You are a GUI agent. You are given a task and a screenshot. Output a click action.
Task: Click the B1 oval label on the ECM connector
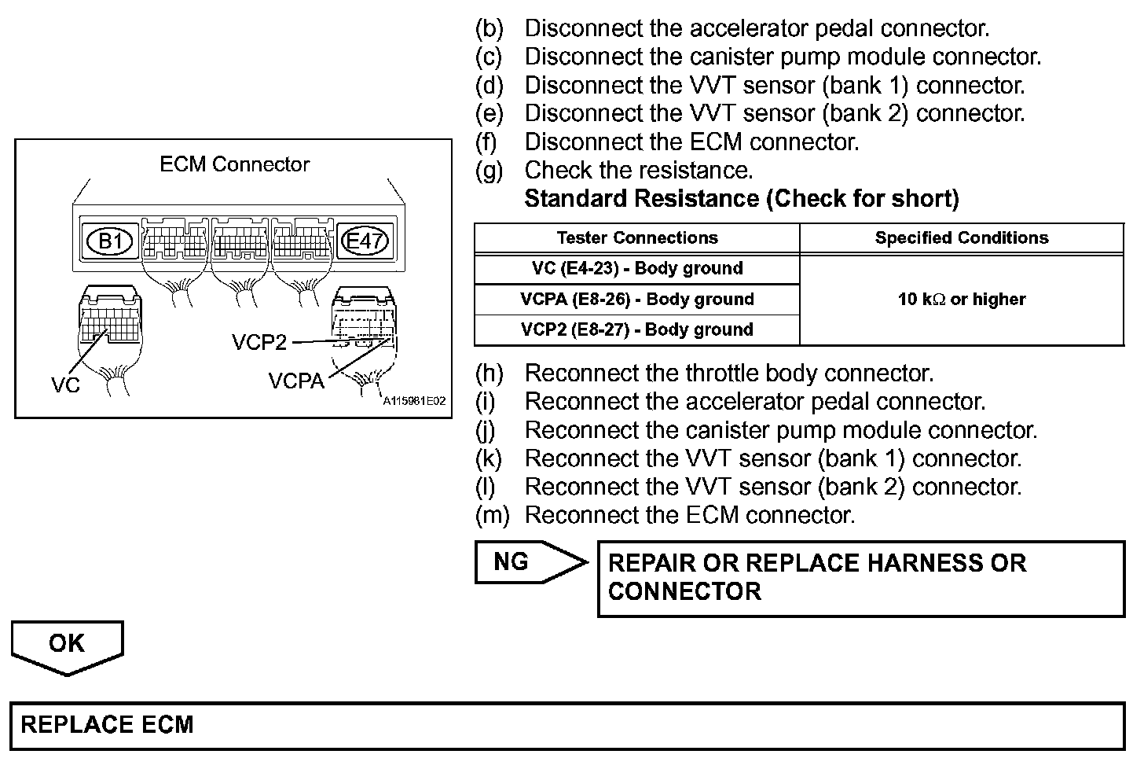coord(110,241)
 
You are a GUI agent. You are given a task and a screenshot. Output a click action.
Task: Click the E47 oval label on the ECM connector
coord(363,241)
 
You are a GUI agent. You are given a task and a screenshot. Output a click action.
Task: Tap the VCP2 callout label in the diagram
coord(259,342)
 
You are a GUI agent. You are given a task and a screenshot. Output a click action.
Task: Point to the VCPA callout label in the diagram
coord(295,381)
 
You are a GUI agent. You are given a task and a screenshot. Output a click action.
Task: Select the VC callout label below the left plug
coord(65,385)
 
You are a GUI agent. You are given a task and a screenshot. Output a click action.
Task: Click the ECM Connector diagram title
coord(234,164)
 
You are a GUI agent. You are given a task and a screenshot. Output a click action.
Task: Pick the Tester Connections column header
coord(636,238)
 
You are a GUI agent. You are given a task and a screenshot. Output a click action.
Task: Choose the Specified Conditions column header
coord(961,238)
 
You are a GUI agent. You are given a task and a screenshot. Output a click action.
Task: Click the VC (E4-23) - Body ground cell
coord(636,268)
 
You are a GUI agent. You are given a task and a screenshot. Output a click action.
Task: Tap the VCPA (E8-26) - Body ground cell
coord(636,299)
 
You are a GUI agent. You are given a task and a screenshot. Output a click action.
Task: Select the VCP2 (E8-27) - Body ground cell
coord(636,329)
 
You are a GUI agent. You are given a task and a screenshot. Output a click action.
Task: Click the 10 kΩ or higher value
coord(961,299)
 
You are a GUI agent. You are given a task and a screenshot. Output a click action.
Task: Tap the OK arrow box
coord(67,645)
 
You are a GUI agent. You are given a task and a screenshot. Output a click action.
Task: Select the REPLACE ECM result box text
coord(107,724)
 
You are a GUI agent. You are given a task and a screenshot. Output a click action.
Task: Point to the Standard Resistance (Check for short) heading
coord(741,199)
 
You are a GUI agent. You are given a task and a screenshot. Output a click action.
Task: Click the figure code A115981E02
coord(414,401)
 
